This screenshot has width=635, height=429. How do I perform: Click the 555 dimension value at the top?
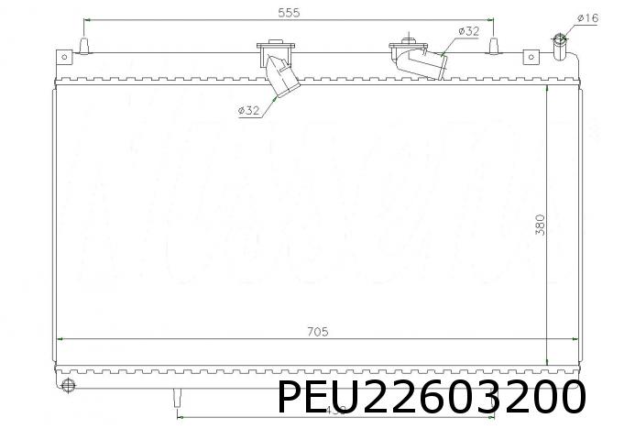[289, 12]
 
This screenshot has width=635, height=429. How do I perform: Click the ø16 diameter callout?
[587, 17]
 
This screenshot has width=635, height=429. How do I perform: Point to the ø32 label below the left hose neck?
[249, 111]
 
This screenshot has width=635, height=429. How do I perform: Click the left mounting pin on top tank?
[85, 46]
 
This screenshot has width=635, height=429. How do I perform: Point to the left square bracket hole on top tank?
[64, 58]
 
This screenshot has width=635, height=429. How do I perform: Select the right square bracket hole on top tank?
[530, 58]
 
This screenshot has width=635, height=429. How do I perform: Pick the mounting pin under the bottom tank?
[178, 396]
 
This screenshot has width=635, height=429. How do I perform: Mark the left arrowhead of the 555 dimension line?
[88, 20]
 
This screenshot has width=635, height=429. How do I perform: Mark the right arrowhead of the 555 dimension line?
[491, 20]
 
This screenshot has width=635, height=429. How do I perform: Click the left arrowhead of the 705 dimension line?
[60, 339]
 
